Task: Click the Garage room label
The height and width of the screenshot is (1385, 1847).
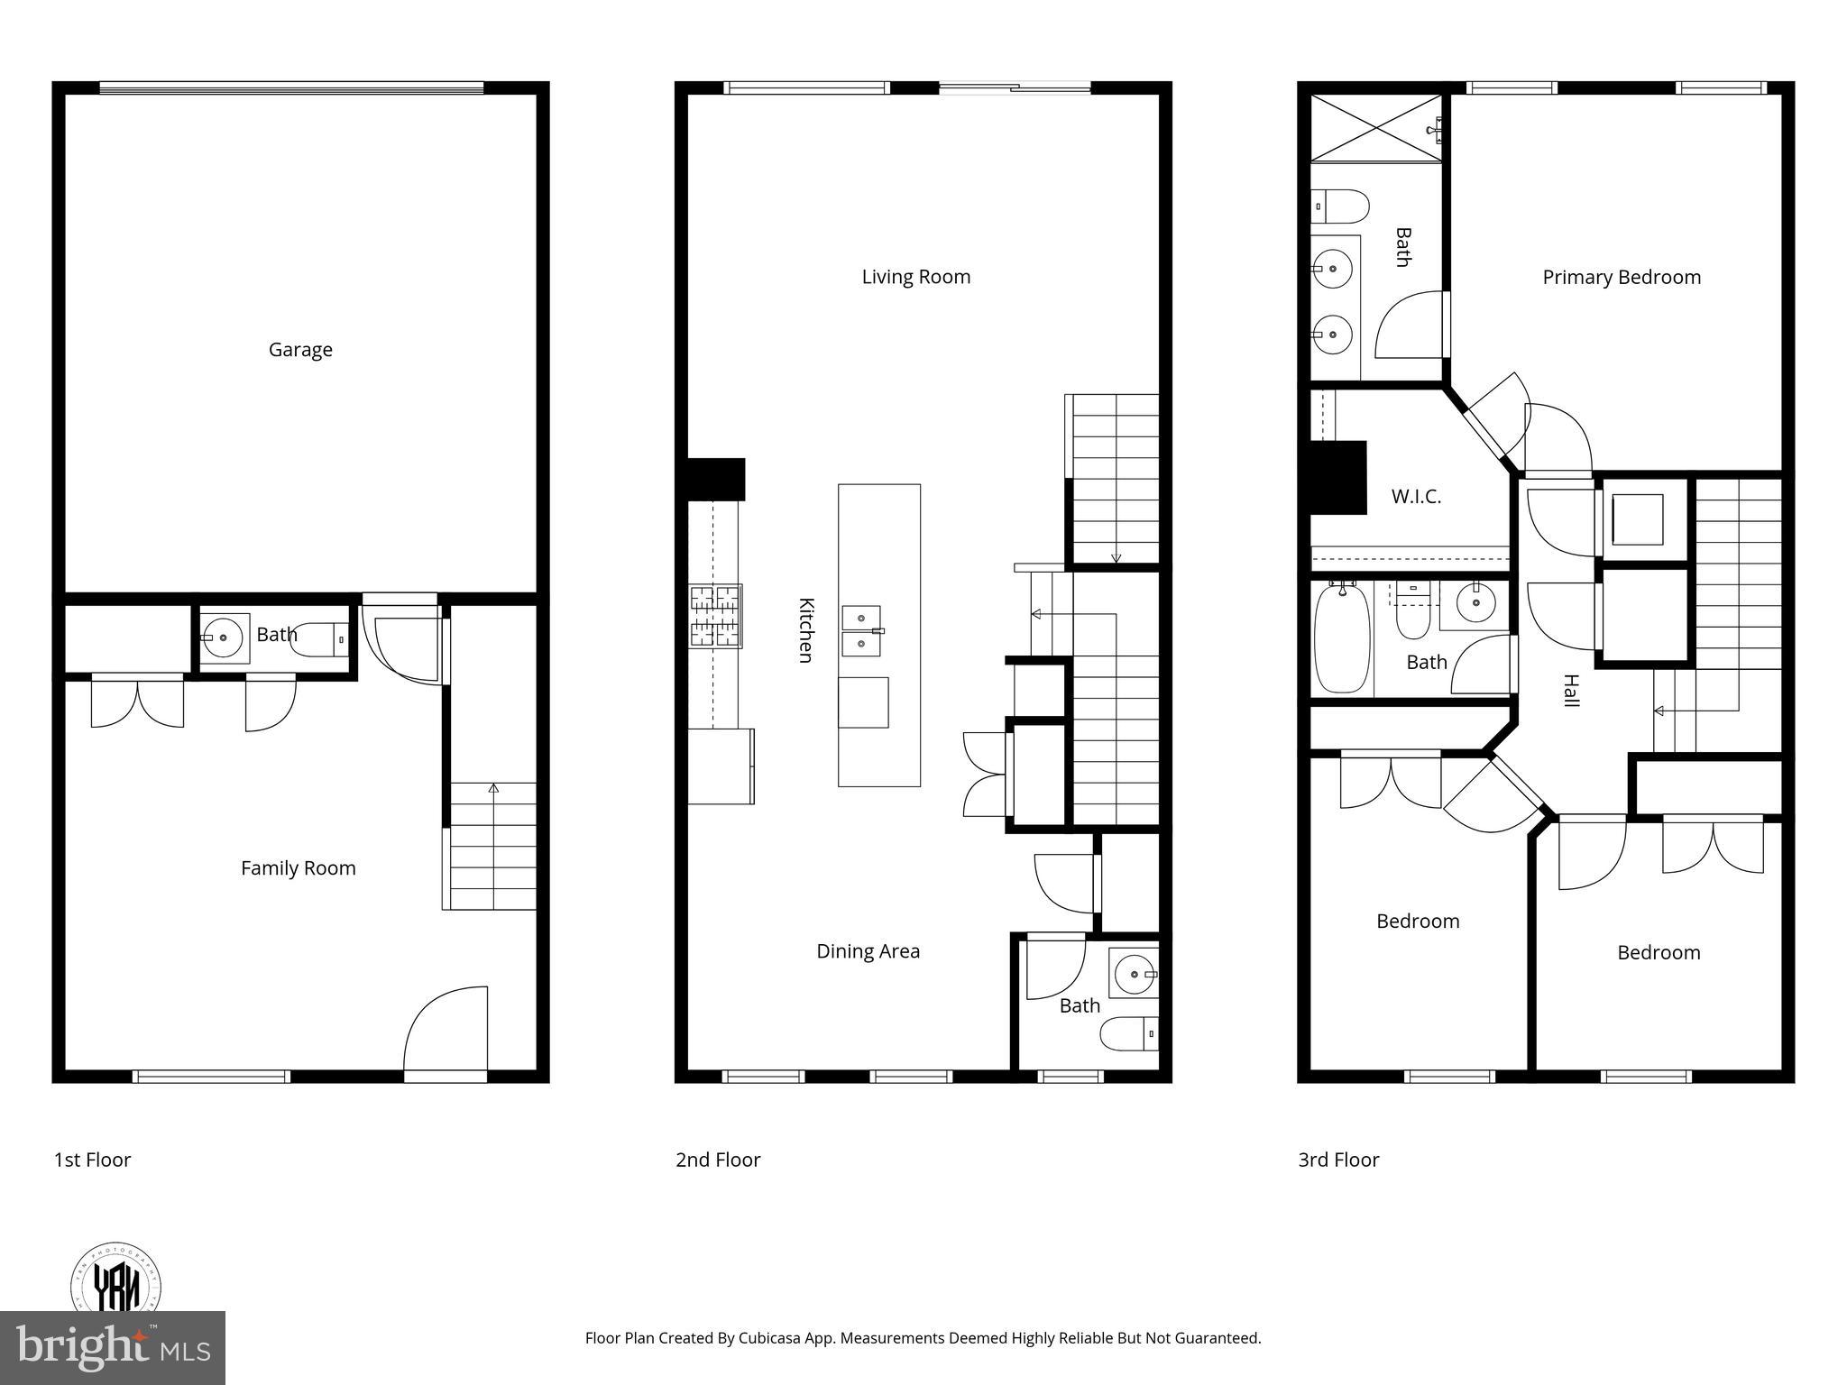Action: coord(300,350)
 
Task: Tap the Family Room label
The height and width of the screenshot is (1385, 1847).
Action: coord(298,868)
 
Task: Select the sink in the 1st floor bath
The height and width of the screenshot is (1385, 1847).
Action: coord(224,637)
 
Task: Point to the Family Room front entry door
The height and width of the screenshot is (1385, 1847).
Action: coord(446,1032)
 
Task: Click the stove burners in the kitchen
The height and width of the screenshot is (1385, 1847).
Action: coord(716,617)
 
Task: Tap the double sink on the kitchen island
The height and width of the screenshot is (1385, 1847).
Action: coord(861,631)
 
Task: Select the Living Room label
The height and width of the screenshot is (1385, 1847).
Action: coord(915,277)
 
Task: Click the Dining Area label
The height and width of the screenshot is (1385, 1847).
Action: coord(868,951)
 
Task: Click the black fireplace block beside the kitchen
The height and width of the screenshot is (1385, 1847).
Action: coord(716,479)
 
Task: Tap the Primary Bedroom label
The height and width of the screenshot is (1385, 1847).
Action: coord(1621,278)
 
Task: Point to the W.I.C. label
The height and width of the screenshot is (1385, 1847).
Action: coord(1416,497)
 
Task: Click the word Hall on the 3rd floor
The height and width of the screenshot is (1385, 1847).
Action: coord(1571,691)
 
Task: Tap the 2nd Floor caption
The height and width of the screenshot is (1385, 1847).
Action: coord(718,1160)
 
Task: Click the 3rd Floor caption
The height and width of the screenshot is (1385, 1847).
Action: coord(1338,1160)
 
